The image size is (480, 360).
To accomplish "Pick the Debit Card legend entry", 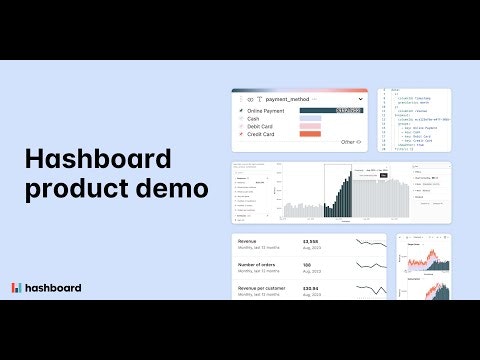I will click(x=260, y=126).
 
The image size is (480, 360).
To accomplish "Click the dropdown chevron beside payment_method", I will click(x=359, y=100).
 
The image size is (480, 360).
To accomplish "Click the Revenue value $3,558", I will click(x=312, y=241).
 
